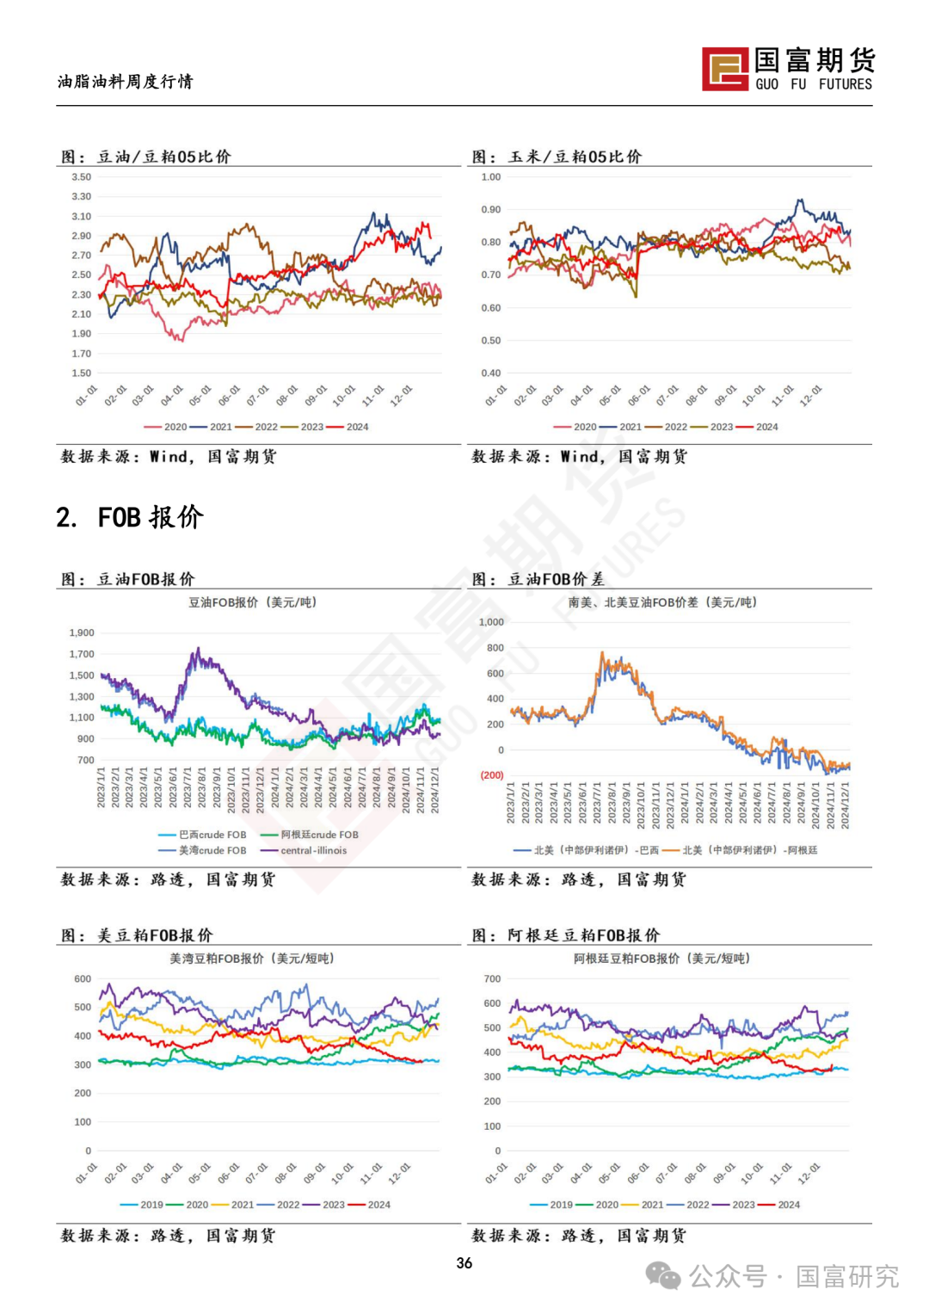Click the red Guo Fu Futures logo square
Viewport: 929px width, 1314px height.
[725, 69]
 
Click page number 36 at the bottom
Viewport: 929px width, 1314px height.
[464, 1262]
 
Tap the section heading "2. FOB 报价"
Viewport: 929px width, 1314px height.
[130, 517]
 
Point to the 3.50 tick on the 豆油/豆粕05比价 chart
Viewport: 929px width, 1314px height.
[82, 177]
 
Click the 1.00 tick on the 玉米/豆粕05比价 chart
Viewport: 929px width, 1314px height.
[491, 177]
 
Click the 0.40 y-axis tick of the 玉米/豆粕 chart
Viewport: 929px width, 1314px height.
[491, 373]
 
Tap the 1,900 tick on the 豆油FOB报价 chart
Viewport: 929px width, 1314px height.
[82, 632]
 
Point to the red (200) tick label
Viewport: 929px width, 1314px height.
[492, 775]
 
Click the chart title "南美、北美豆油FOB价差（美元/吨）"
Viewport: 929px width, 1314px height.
[662, 602]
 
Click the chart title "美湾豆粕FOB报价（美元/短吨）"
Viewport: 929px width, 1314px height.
[251, 959]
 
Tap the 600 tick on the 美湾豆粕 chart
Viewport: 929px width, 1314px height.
[83, 979]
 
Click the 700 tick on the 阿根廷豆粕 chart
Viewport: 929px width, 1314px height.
[492, 979]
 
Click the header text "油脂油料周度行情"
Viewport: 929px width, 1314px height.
[126, 82]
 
